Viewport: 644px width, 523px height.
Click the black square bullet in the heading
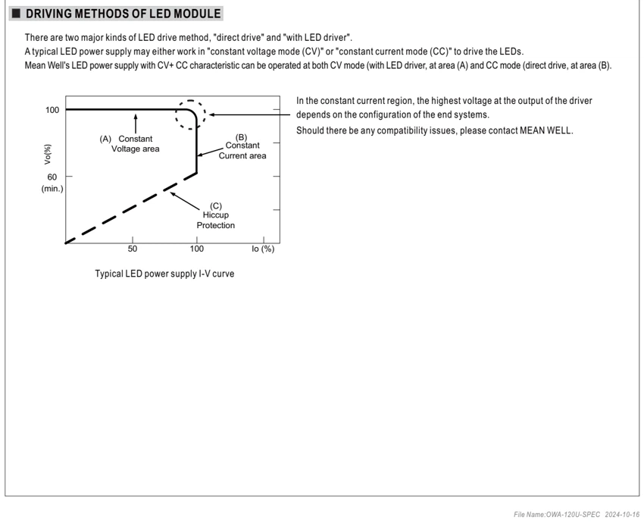16,14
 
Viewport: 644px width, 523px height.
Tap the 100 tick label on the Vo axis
52,110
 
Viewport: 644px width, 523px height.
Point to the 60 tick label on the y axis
52,177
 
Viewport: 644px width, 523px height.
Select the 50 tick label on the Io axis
133,249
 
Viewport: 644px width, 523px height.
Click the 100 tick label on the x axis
197,249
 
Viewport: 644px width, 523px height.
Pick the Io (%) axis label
263,249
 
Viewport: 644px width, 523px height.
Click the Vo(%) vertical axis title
48,155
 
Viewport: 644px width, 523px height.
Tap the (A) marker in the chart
105,139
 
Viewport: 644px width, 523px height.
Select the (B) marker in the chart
241,137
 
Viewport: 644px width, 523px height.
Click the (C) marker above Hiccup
216,206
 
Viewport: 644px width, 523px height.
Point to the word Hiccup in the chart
216,215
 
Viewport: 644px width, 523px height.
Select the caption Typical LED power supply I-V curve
164,274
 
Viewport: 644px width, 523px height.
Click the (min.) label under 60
52,189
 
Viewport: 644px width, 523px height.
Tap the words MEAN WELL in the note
546,130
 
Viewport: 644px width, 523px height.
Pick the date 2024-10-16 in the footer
622,515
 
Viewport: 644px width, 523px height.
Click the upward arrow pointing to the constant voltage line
136,124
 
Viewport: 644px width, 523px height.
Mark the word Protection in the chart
216,225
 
